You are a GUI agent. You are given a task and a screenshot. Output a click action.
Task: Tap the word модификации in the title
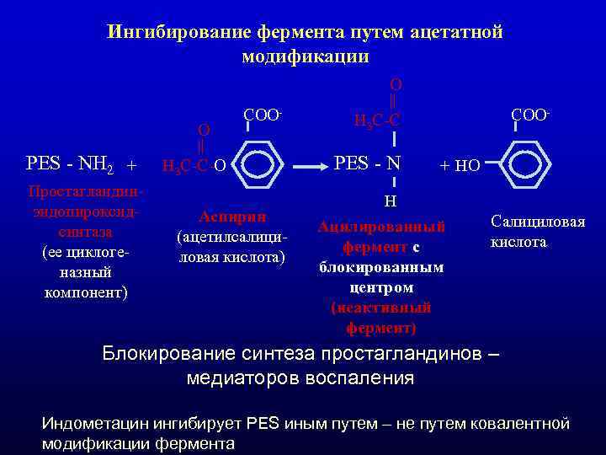tap(305, 56)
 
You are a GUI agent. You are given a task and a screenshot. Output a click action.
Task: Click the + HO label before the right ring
tap(460, 166)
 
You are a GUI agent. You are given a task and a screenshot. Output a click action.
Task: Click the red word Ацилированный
tap(381, 227)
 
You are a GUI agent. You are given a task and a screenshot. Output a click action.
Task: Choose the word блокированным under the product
tap(381, 268)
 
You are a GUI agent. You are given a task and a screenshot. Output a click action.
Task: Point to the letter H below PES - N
tap(391, 201)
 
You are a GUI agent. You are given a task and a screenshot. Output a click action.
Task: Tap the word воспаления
tap(363, 377)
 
